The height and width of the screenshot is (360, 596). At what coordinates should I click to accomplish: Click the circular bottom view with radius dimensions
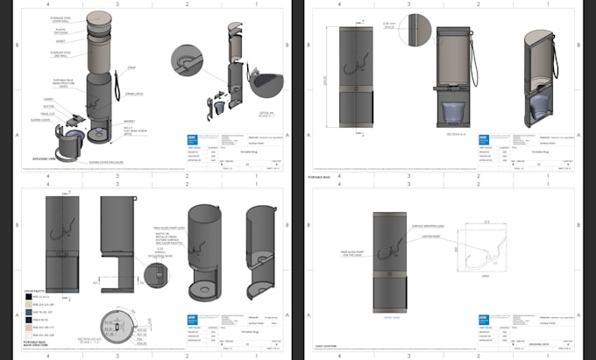pyautogui.click(x=114, y=326)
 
